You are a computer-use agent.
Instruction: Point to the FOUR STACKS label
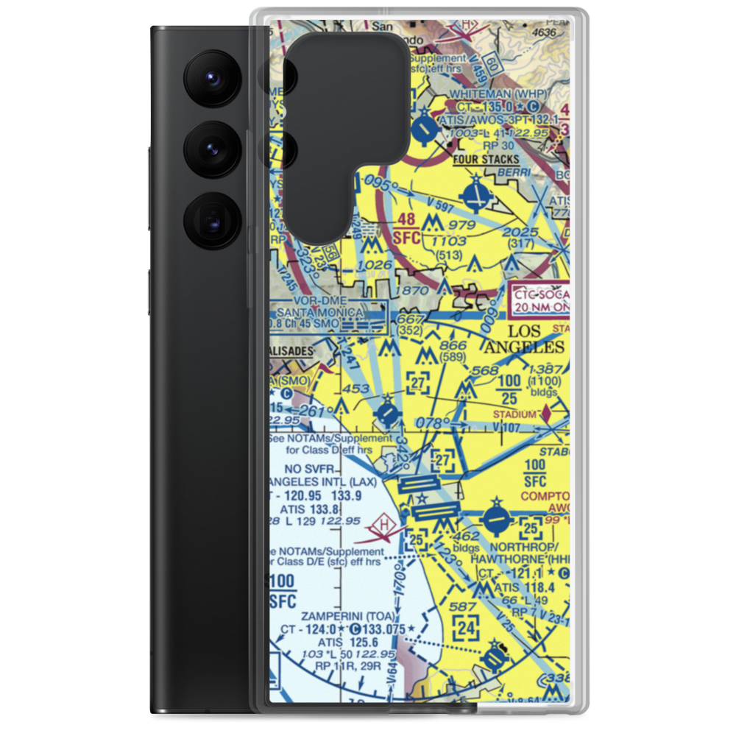coord(486,159)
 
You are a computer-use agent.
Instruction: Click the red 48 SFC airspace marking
coord(407,228)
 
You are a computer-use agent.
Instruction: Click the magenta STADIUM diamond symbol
coord(545,415)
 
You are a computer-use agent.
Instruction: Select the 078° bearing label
coord(434,423)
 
